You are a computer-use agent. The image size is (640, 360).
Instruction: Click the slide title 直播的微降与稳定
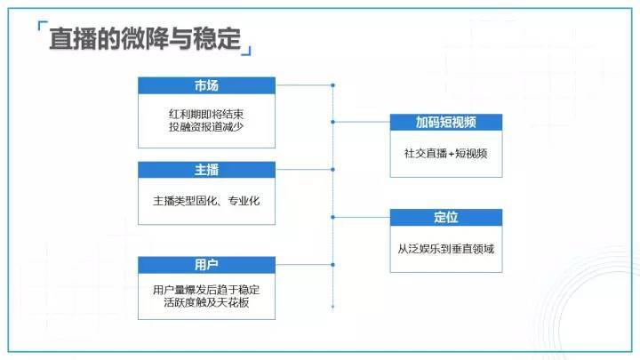point(145,39)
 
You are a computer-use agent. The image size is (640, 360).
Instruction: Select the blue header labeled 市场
point(206,85)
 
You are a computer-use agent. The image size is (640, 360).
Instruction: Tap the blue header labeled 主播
point(206,170)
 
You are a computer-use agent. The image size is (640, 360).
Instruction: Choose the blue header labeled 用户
point(206,265)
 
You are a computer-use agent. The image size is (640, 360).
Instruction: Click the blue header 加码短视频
point(446,122)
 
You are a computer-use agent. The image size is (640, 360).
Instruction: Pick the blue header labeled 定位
point(446,217)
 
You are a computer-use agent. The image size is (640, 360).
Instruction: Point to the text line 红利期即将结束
point(206,114)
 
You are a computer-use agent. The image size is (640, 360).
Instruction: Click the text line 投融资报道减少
point(206,127)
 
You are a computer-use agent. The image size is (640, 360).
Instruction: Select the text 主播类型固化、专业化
point(206,201)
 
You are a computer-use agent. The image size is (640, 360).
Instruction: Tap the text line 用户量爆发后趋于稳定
point(206,290)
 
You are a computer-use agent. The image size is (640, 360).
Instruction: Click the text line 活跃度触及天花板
point(206,302)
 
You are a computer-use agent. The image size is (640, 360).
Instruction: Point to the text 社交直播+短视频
point(445,154)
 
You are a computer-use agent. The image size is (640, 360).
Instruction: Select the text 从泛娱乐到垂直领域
point(445,249)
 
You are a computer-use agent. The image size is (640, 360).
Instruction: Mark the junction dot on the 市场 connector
point(333,85)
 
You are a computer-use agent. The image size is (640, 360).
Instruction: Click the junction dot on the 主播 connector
point(333,170)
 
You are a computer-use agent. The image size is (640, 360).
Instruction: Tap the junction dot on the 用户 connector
point(333,265)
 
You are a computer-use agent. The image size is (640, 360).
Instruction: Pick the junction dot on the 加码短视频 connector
point(333,122)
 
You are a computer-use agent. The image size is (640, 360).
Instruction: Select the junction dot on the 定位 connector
point(333,217)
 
